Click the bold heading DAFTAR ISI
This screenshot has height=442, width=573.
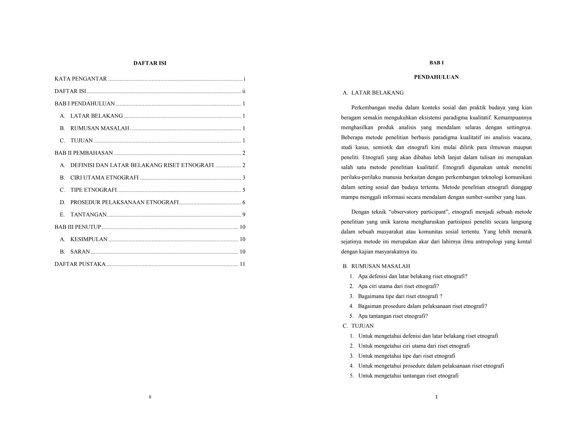click(150, 63)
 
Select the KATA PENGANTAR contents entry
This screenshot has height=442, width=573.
click(81, 79)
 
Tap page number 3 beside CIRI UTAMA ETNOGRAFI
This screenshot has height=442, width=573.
click(244, 178)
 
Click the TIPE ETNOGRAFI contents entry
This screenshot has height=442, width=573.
click(93, 190)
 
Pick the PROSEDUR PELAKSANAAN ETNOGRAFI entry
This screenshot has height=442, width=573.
click(124, 202)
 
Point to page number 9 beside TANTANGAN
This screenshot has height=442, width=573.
click(244, 215)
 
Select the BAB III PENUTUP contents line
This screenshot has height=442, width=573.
click(78, 227)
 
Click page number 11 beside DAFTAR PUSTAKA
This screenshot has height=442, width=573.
click(242, 264)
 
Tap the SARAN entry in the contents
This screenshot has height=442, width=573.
click(80, 252)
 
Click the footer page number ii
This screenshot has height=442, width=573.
click(150, 397)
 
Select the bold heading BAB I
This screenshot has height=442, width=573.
click(436, 63)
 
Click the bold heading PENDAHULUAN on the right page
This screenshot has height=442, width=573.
click(436, 77)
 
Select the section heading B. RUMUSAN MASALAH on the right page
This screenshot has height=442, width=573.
click(377, 266)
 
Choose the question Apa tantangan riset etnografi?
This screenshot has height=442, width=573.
click(393, 316)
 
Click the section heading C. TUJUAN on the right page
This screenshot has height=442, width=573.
click(358, 326)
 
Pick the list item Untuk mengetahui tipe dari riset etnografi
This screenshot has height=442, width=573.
click(407, 356)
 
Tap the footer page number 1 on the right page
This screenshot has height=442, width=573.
click(436, 397)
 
